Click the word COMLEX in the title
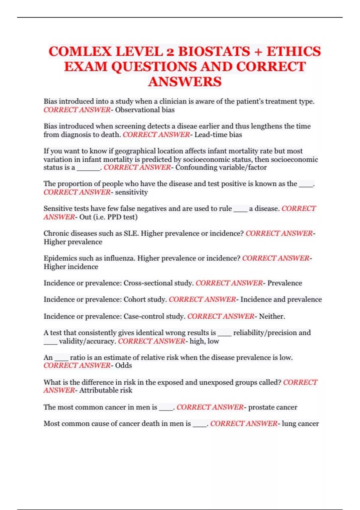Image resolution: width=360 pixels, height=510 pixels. [x=80, y=51]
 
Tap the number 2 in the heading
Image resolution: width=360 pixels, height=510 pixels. [x=170, y=52]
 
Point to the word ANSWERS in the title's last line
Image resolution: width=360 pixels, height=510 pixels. [x=185, y=82]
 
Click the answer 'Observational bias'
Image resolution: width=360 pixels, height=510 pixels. [x=145, y=110]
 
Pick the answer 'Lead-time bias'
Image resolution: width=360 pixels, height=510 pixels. [x=218, y=135]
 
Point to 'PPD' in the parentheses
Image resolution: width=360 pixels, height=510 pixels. [x=114, y=217]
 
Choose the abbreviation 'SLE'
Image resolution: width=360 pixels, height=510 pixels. [x=131, y=233]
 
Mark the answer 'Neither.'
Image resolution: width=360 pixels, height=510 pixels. [x=272, y=316]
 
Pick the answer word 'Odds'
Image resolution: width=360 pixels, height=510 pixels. [x=124, y=365]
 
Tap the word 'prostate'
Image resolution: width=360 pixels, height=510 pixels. [x=260, y=407]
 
